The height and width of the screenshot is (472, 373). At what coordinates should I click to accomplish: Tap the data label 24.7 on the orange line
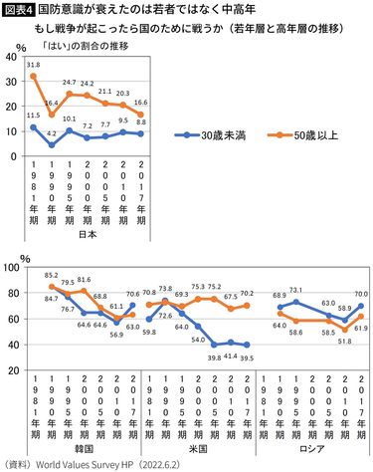click(x=69, y=83)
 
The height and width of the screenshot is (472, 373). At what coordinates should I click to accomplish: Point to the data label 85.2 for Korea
click(x=51, y=276)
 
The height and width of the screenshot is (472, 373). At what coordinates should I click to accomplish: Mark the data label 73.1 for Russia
click(x=295, y=290)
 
